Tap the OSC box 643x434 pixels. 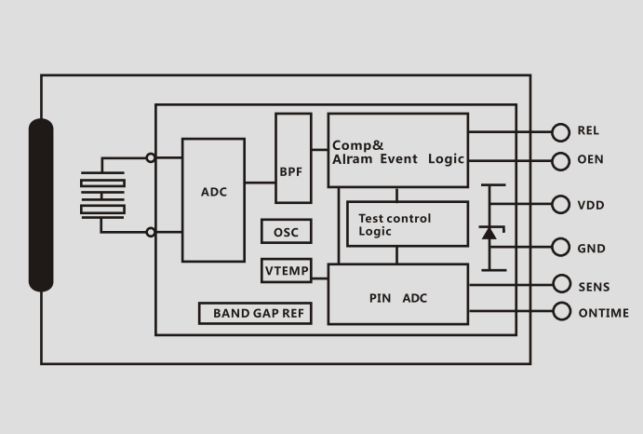coord(286,232)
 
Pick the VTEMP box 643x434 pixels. coord(286,271)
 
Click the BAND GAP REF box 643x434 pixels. coord(254,313)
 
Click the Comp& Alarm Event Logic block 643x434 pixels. coord(397,151)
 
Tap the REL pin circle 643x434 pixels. coord(560,132)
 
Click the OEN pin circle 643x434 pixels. coord(560,160)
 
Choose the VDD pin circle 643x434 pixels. coord(560,205)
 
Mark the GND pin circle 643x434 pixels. coord(560,248)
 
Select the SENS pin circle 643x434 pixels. coord(560,284)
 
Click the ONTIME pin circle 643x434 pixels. coord(560,311)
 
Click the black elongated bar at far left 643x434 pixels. coord(41,205)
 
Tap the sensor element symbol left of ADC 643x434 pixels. coord(102,197)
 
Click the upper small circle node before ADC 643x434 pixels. coord(151,158)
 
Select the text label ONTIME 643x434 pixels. coord(603,313)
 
